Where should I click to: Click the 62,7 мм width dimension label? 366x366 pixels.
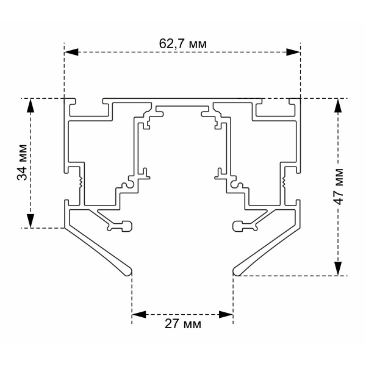(x=183, y=44)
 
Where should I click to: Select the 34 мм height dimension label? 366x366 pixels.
(x=22, y=162)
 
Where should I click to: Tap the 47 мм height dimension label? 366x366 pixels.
(x=339, y=186)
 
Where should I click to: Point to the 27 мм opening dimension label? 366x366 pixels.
(x=183, y=324)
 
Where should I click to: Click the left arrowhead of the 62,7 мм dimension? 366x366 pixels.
(x=71, y=52)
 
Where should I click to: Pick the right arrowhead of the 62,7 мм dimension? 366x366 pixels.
(x=293, y=52)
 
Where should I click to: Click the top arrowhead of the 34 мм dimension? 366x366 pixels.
(x=30, y=106)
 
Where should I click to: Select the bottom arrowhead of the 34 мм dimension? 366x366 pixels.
(x=30, y=221)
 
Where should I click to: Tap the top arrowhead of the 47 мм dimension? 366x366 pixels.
(x=338, y=106)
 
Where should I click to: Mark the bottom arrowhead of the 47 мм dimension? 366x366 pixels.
(x=338, y=268)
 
